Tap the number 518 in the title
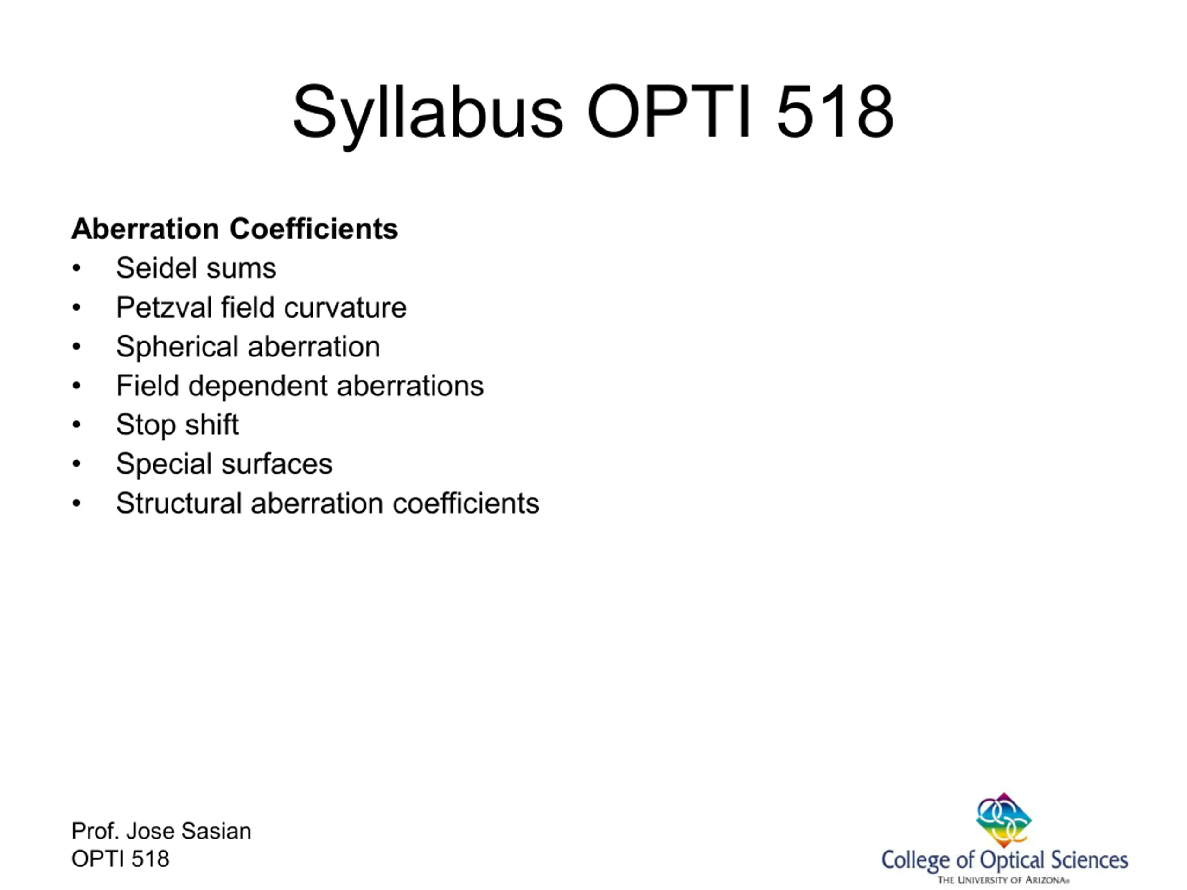click(x=835, y=112)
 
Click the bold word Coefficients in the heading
click(x=314, y=229)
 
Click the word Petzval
click(x=164, y=307)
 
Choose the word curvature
click(x=345, y=308)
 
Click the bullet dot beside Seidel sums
click(x=77, y=268)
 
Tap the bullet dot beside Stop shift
click(x=77, y=425)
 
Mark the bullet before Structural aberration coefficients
click(x=77, y=504)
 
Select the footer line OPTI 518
click(x=120, y=859)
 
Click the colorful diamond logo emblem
click(x=1003, y=820)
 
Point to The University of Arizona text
click(x=1003, y=880)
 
